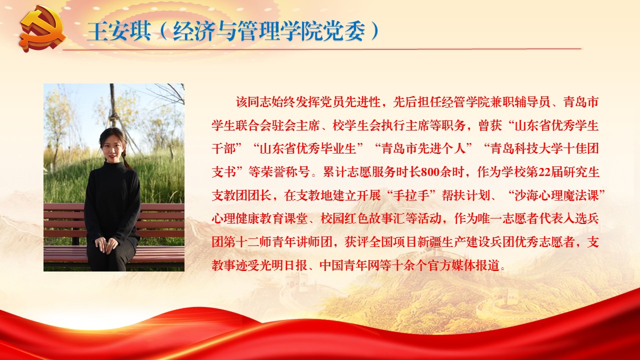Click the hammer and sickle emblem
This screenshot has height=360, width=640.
[x=43, y=30]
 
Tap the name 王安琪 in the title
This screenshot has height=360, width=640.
[x=119, y=31]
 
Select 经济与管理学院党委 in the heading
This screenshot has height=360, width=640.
[x=269, y=31]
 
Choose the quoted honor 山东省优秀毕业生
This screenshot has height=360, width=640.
[x=307, y=149]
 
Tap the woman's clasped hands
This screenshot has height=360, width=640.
[x=106, y=245]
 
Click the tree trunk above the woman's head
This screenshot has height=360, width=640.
[x=113, y=105]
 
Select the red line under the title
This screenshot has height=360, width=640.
[x=322, y=49]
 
